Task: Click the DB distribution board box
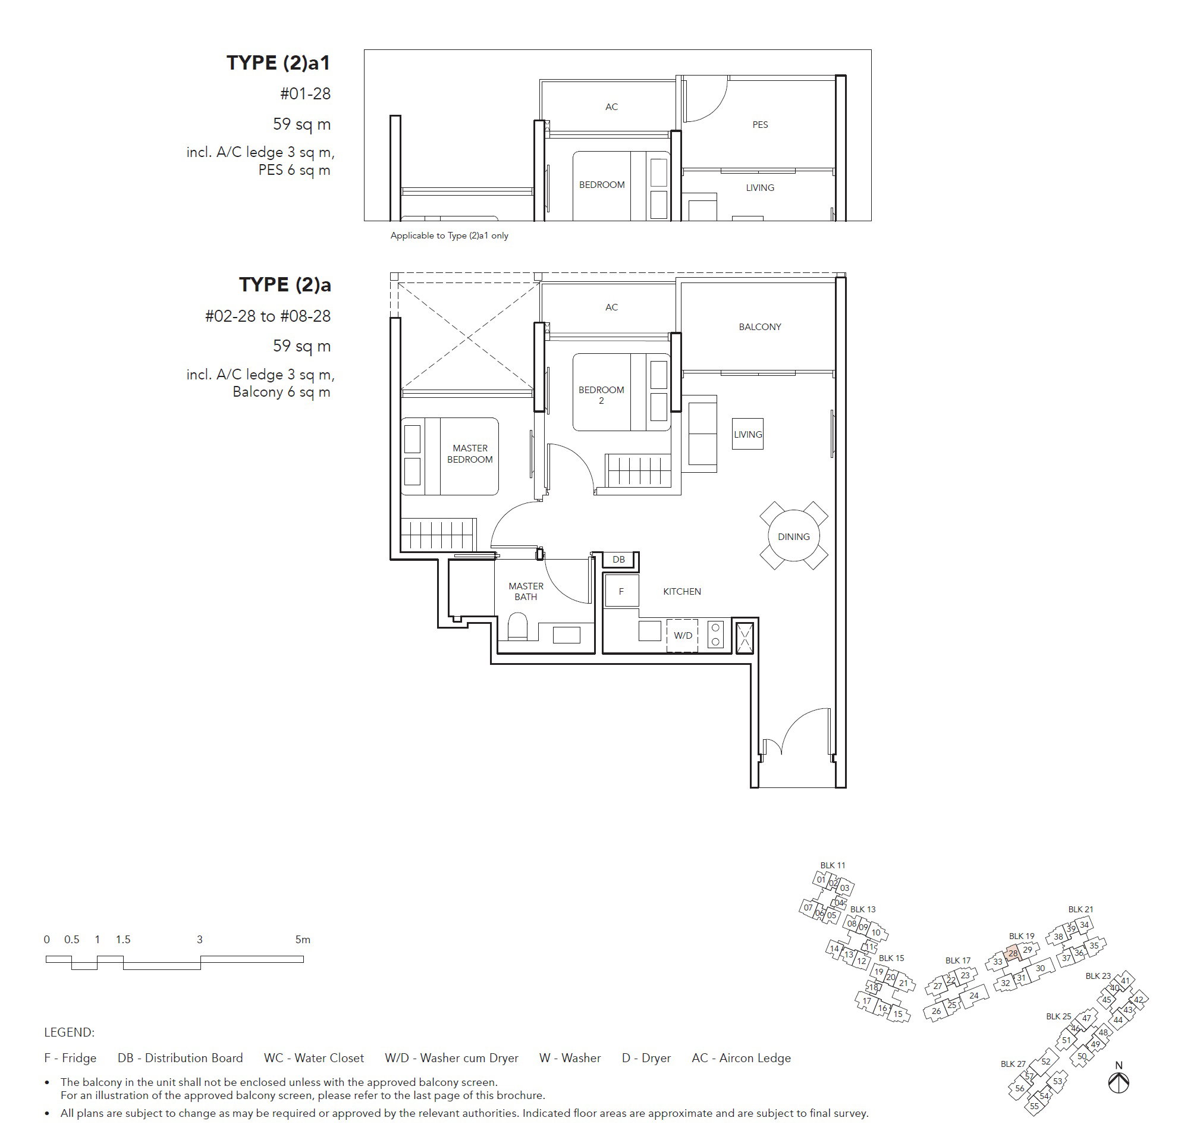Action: point(618,560)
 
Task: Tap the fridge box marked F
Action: point(621,592)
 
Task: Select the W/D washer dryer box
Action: point(683,636)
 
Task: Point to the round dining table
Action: point(793,536)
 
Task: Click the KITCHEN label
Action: point(682,592)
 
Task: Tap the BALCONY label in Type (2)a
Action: point(760,327)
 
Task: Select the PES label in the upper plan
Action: point(761,125)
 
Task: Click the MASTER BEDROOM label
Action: point(470,454)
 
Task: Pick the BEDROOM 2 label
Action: point(601,395)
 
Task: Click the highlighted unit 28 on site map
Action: point(1013,953)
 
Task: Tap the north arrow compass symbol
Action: point(1119,1082)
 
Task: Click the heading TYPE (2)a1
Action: point(278,62)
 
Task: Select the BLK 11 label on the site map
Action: point(833,865)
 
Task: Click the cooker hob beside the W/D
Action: point(716,635)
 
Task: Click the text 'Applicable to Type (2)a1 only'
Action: point(450,236)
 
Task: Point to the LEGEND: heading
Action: point(70,1032)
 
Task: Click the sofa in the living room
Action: point(702,434)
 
